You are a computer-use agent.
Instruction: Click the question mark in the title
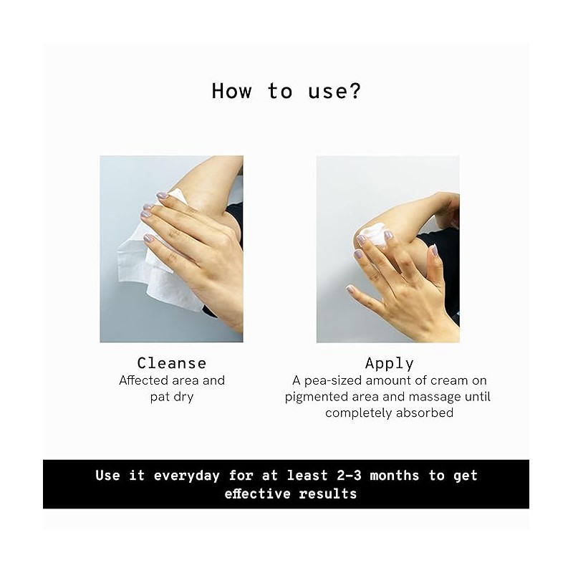(353, 91)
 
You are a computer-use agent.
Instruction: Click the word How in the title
(231, 91)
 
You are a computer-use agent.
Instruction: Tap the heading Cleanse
(172, 363)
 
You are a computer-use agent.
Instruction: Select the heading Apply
(389, 364)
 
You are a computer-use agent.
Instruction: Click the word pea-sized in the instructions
(333, 381)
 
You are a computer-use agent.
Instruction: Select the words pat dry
(172, 397)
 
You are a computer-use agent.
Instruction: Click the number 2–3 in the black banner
(349, 476)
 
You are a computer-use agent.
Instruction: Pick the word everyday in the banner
(187, 476)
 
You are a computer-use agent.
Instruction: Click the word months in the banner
(395, 476)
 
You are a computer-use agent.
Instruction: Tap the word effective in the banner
(257, 493)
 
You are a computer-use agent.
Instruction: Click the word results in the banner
(328, 493)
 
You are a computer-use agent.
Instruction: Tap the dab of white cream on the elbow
(373, 233)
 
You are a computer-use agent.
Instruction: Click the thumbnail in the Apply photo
(434, 250)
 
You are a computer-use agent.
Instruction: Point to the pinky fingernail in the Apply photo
(350, 289)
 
